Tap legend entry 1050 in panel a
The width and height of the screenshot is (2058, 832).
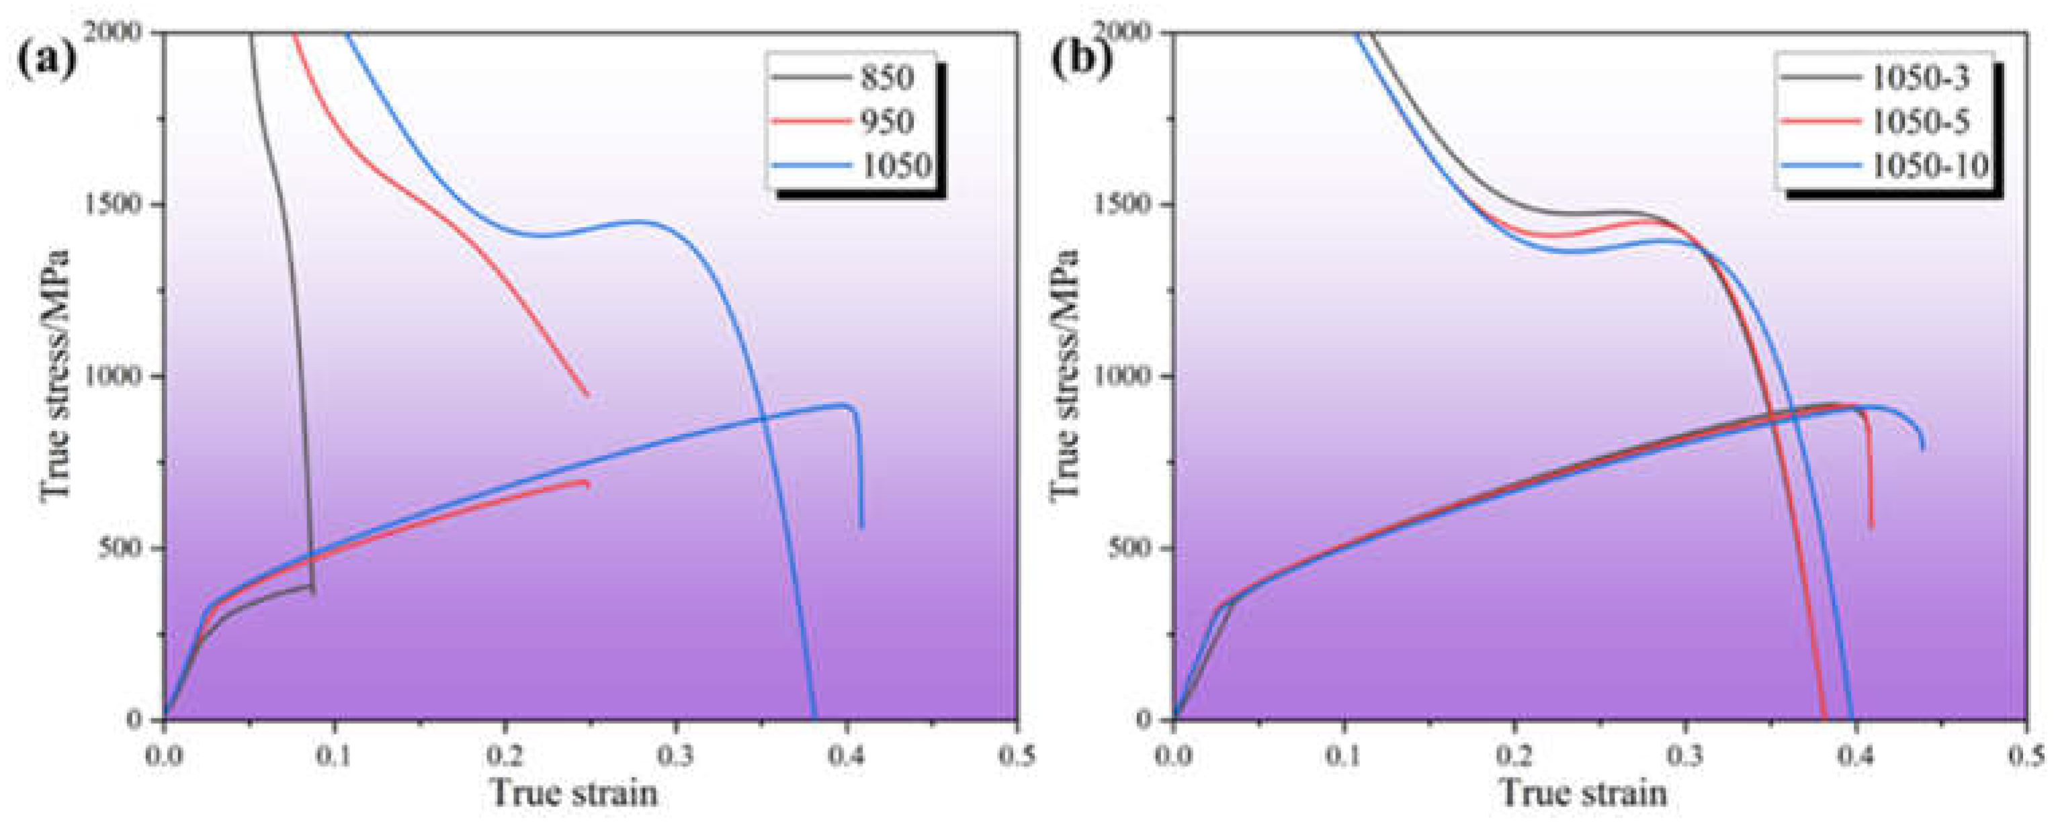pos(896,166)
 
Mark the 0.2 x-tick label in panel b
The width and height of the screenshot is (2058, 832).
pos(1514,753)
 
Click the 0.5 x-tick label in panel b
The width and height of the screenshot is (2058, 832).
pos(2026,753)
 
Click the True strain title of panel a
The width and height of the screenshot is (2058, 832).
pos(574,794)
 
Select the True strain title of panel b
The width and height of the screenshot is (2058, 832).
pos(1584,794)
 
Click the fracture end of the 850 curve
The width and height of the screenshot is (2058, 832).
pos(312,592)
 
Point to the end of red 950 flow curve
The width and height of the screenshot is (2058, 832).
pos(587,484)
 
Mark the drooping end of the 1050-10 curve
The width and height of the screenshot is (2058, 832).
pos(1922,447)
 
